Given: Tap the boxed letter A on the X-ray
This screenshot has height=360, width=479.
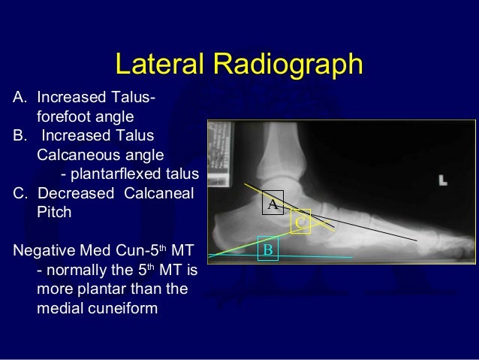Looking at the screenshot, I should click(273, 204).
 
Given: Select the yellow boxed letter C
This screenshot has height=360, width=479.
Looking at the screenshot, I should click(300, 222).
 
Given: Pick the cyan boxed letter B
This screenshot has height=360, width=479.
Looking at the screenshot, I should click(267, 249).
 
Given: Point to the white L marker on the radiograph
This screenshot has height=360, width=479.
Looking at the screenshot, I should click(443, 180).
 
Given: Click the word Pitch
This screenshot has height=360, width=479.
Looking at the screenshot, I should click(54, 213).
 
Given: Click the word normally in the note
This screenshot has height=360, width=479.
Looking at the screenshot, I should click(77, 270).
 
